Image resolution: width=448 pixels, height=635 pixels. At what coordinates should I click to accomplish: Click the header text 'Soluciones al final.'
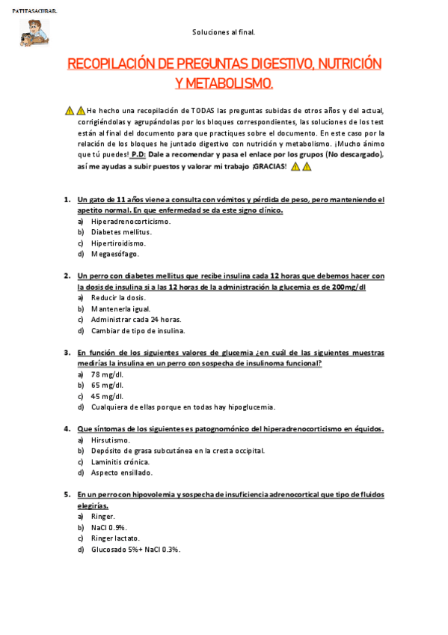[x=224, y=32]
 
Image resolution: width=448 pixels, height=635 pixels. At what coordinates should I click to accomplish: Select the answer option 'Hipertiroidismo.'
[x=118, y=243]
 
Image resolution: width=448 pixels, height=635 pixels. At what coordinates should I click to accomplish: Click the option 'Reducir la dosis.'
[x=118, y=297]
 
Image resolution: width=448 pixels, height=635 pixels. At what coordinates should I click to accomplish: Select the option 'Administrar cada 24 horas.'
[x=131, y=319]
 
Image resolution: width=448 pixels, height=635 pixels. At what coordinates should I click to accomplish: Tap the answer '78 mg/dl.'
[x=107, y=374]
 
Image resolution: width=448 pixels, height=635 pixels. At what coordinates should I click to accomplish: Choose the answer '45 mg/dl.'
[x=107, y=396]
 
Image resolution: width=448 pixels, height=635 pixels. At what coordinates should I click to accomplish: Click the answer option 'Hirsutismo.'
[x=110, y=440]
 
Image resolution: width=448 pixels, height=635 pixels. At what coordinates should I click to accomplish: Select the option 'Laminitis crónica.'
[x=121, y=461]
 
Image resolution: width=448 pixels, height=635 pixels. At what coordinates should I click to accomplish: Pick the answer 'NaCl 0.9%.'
[x=109, y=527]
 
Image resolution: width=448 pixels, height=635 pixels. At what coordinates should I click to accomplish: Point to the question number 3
[x=66, y=352]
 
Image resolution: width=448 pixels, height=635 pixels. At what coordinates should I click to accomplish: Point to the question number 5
[x=66, y=494]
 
